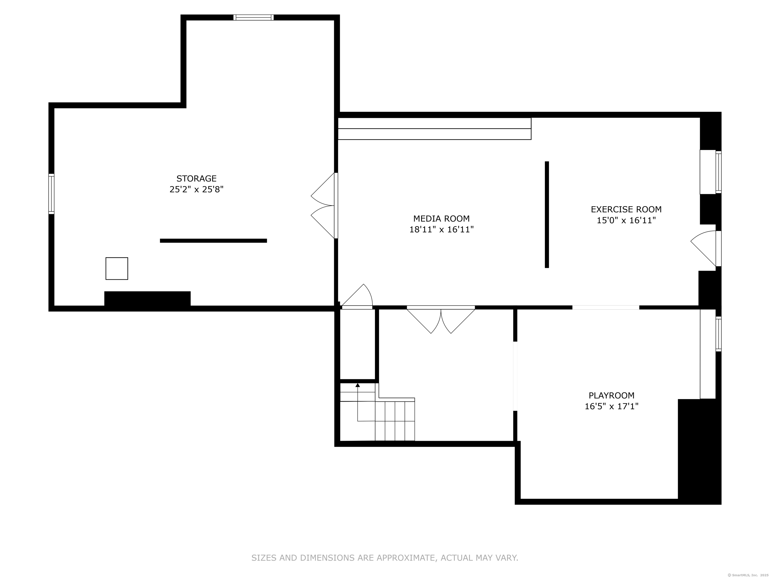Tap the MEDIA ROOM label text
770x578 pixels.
coord(441,219)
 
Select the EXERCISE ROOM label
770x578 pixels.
coord(626,209)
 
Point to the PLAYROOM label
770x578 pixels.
coord(612,395)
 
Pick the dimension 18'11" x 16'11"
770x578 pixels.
coord(441,230)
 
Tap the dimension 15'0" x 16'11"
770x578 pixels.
coord(626,220)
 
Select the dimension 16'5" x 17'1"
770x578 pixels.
coord(612,406)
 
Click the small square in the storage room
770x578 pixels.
coord(117,268)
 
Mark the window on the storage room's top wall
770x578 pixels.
coord(253,17)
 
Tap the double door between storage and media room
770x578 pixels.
coord(324,205)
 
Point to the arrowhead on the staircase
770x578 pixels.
coord(357,385)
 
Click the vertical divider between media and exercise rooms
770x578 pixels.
coord(547,214)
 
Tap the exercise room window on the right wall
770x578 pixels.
coord(718,172)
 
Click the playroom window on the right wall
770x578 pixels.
coord(718,334)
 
